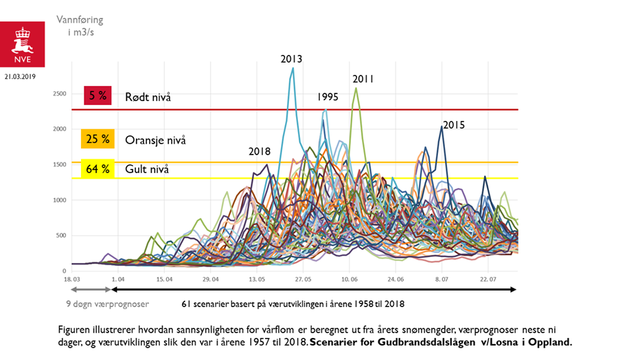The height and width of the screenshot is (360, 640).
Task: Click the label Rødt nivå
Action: coord(148,97)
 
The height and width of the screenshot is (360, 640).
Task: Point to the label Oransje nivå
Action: coord(155,140)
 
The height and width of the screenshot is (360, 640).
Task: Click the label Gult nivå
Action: coord(147,169)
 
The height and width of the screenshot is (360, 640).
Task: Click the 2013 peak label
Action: coord(291,58)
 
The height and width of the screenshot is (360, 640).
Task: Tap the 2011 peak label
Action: coord(363,79)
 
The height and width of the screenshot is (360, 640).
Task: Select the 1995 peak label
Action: coord(328,97)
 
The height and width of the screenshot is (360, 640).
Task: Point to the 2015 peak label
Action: coord(454,125)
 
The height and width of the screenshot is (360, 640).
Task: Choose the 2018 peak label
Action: coord(260,152)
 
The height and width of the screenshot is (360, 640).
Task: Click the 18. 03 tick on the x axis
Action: coord(72,280)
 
